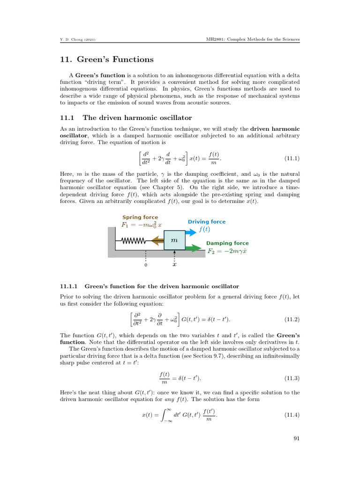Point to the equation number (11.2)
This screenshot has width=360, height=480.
(x=292, y=320)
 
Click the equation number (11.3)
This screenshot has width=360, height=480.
(x=292, y=377)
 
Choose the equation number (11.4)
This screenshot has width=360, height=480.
(x=292, y=415)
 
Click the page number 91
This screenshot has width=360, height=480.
(x=296, y=439)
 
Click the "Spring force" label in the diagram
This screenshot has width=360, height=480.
(x=140, y=217)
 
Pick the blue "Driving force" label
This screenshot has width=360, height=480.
(x=206, y=222)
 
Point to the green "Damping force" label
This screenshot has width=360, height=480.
(x=227, y=243)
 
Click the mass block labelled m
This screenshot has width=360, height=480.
(x=174, y=240)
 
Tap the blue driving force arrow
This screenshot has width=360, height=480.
(x=191, y=232)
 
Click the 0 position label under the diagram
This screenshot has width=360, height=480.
(x=146, y=265)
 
